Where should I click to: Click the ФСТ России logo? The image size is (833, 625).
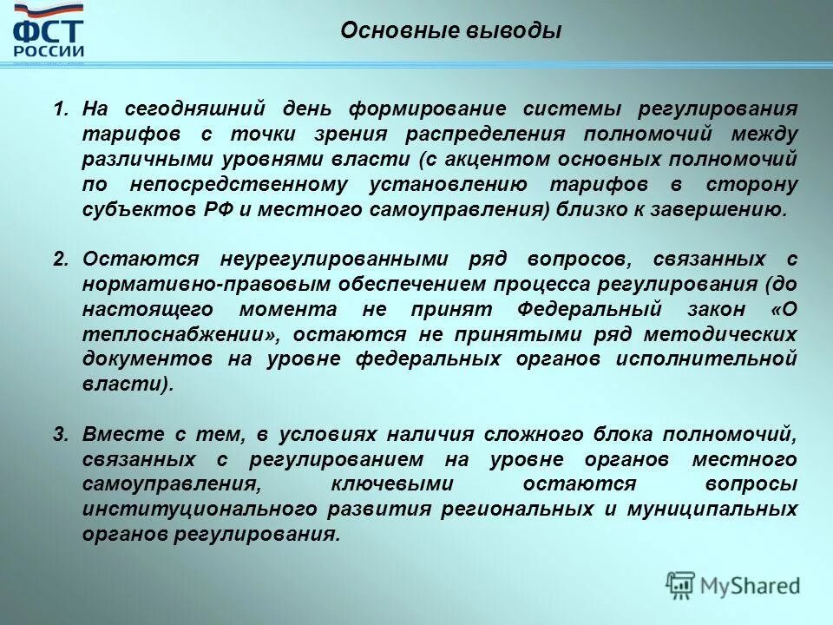tap(49, 36)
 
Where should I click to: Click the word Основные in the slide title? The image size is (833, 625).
tap(378, 31)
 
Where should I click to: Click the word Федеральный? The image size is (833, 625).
tap(590, 310)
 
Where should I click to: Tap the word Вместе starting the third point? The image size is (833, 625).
tap(115, 434)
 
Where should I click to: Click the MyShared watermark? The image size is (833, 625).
tap(733, 586)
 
